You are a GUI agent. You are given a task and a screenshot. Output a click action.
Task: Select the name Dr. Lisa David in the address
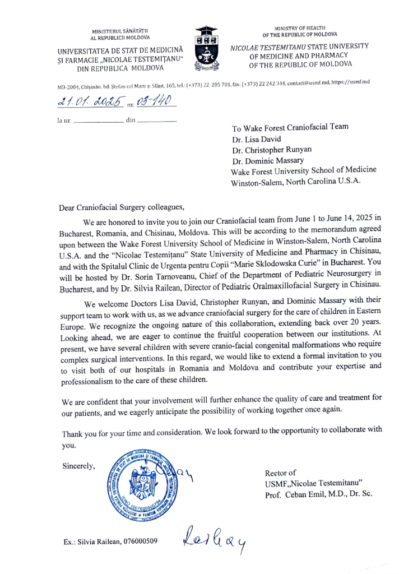(257, 140)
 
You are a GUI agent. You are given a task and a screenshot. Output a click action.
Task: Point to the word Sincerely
(78, 465)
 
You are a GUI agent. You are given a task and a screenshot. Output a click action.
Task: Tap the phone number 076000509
(138, 541)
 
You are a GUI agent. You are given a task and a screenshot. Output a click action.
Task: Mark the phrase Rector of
(280, 473)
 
